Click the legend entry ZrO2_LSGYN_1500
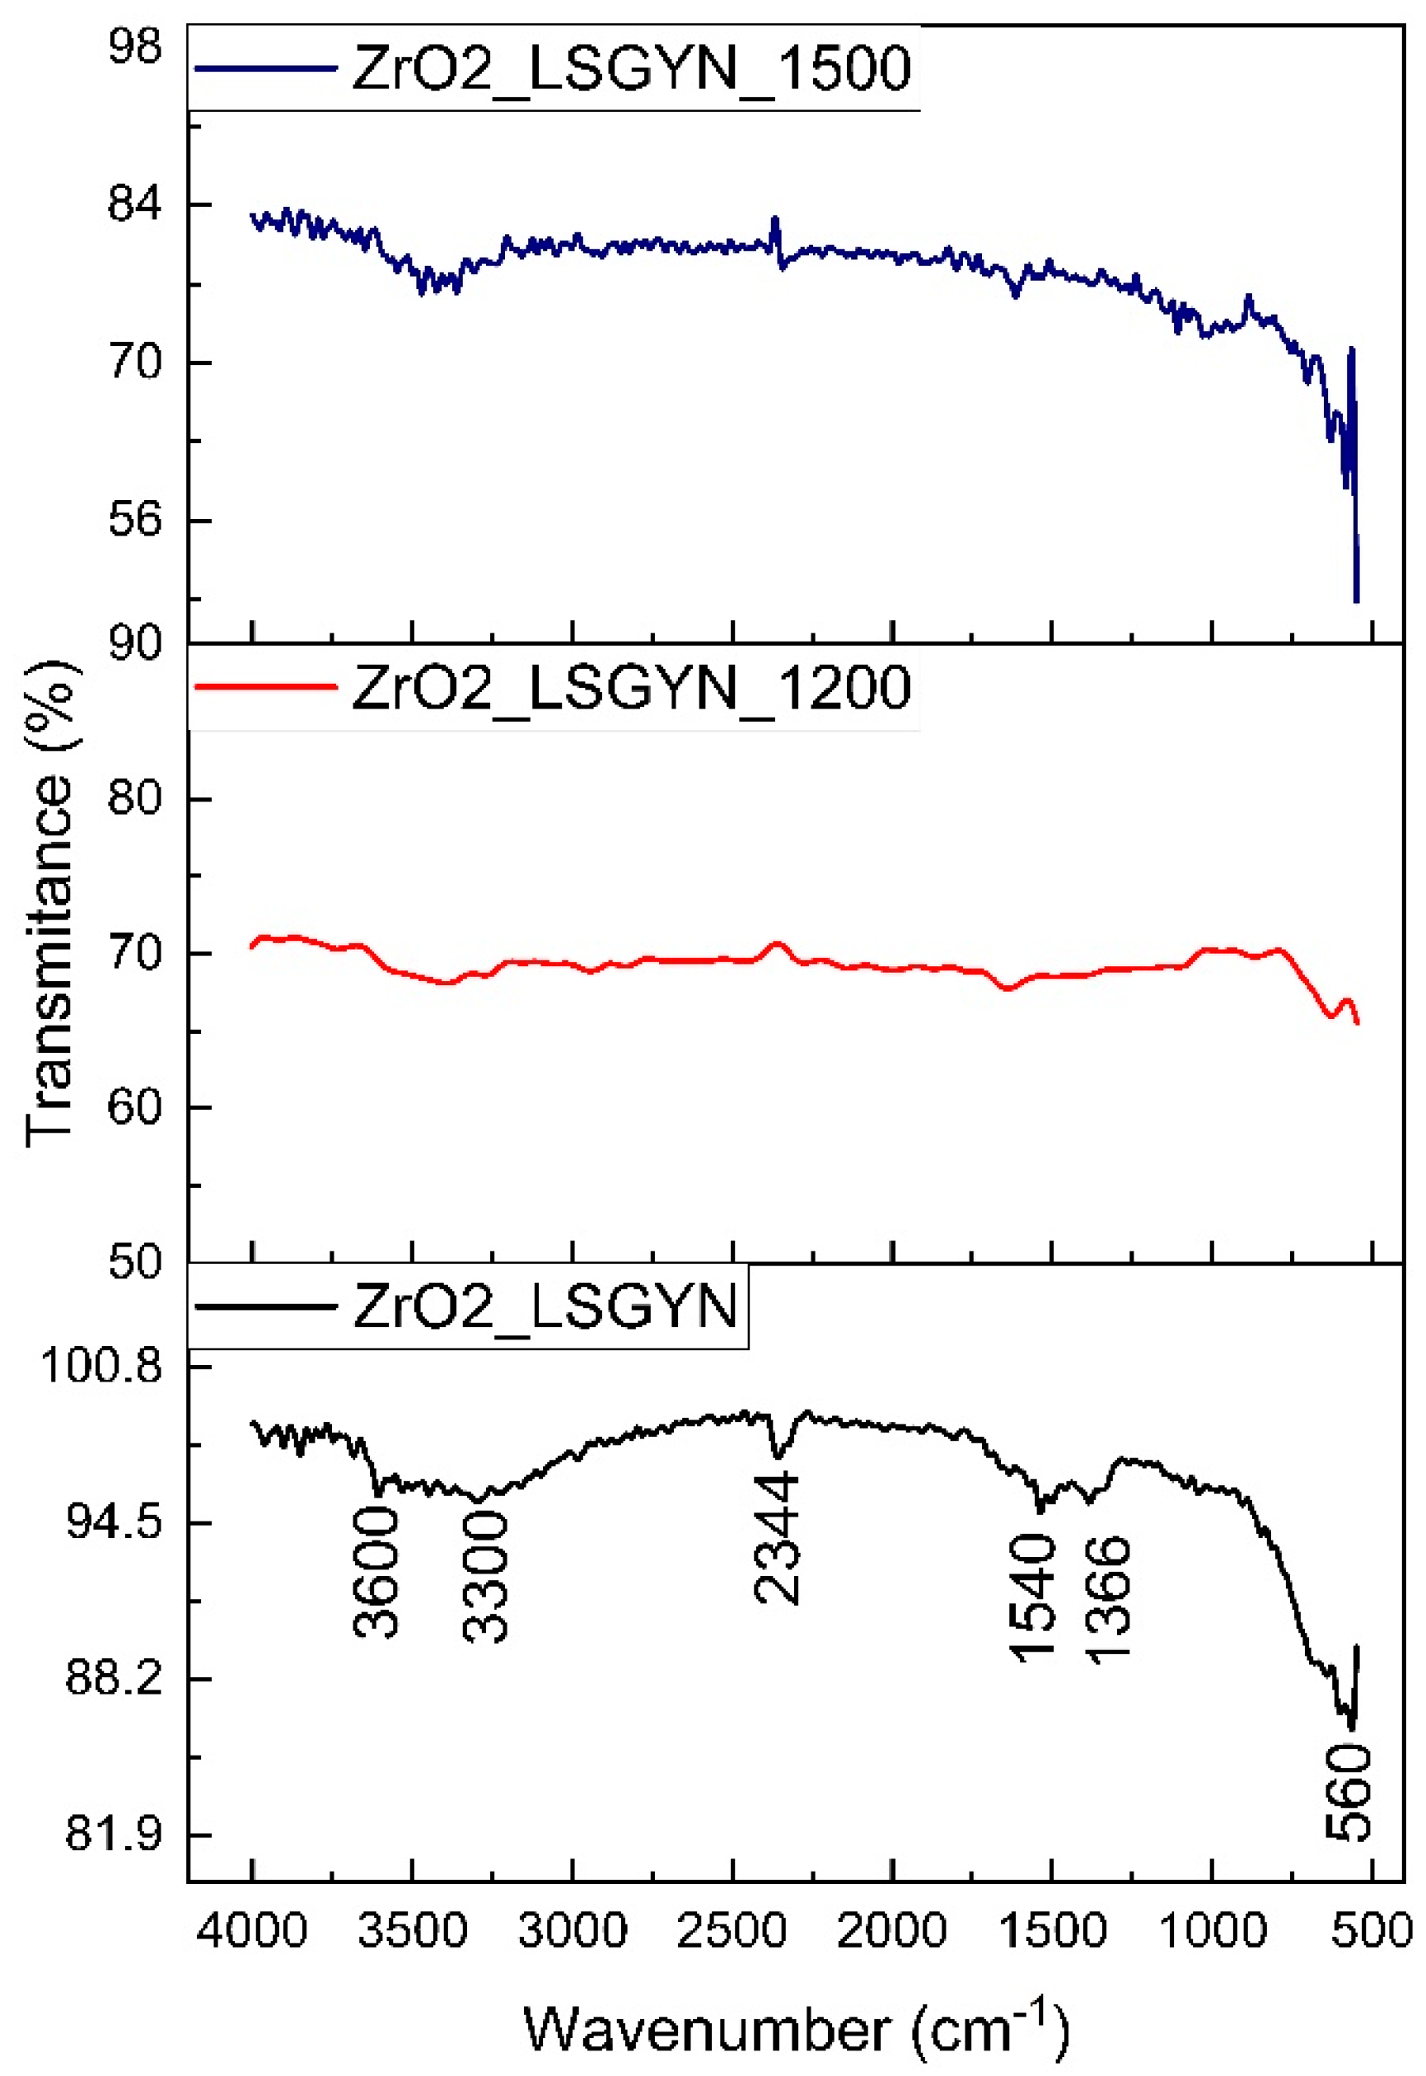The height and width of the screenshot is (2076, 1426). [631, 68]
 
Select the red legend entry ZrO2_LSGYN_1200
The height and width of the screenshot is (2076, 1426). [631, 687]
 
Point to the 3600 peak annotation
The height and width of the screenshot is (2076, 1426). [376, 1573]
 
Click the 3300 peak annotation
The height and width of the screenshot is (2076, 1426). [484, 1578]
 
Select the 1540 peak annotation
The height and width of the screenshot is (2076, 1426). [1033, 1599]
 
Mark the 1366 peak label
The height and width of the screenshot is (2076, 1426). [1108, 1599]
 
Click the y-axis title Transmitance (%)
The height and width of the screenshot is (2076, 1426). [49, 902]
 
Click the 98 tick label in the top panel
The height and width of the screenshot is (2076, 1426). [135, 46]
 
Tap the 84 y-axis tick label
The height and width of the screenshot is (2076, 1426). [135, 204]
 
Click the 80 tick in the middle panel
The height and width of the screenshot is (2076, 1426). [135, 797]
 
